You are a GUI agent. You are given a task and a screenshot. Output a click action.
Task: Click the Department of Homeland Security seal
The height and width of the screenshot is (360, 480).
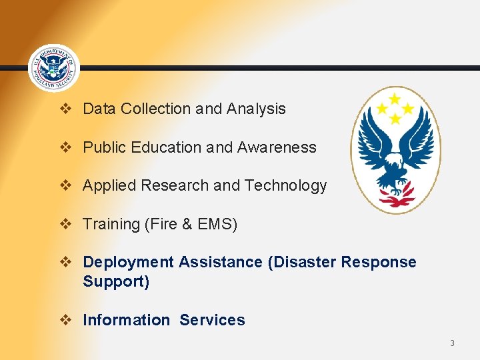tap(54, 68)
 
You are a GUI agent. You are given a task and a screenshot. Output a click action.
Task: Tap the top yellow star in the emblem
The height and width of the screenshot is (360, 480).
tap(395, 99)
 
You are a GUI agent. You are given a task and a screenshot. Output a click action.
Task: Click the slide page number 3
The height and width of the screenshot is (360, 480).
tap(452, 343)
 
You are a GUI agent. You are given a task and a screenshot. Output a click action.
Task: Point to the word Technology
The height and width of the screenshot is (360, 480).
tap(286, 186)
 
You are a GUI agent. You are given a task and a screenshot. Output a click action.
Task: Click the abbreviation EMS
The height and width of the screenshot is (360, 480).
tap(215, 225)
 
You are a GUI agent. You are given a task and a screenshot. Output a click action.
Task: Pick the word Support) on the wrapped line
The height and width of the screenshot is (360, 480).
tap(116, 282)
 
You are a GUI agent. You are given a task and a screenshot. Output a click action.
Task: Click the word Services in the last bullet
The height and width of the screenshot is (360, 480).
tap(212, 321)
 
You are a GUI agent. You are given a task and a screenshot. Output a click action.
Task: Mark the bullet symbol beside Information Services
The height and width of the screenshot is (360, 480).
tap(65, 320)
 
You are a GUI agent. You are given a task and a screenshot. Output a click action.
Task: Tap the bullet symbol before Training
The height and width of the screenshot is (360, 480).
tap(65, 224)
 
